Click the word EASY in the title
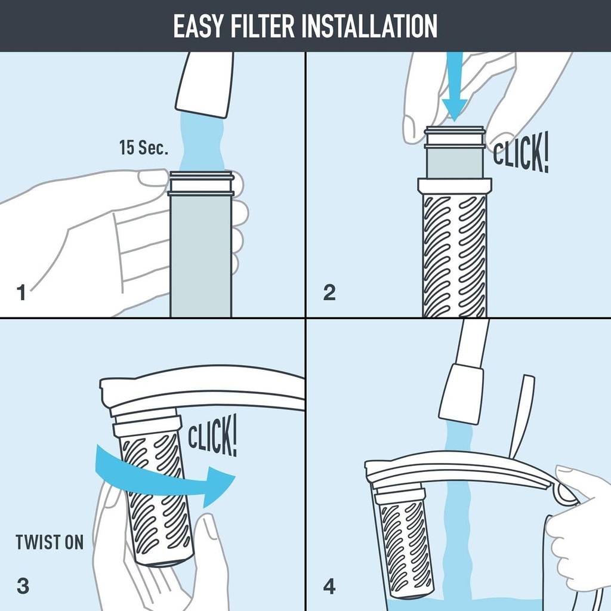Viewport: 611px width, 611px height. coord(192,26)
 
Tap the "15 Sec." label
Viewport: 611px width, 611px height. coord(144,148)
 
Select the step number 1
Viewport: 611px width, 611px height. coord(21,293)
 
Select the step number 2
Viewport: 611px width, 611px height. coord(329,292)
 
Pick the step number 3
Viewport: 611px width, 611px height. coord(23,586)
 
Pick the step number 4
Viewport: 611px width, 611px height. coord(329,586)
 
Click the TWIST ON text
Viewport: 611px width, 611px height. coord(50,542)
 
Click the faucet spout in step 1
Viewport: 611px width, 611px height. coord(205,84)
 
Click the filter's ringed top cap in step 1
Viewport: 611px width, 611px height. coord(200,183)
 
